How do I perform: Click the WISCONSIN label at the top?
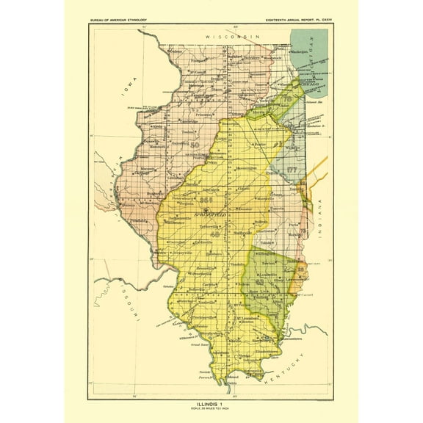234,36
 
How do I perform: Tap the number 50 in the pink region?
194,145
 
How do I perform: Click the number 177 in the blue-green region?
292,170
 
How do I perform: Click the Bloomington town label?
242,168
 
